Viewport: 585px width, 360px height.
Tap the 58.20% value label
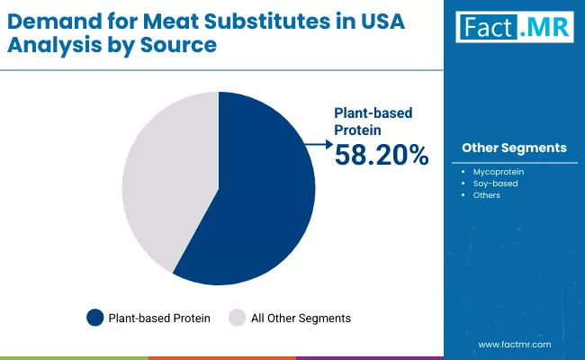pyautogui.click(x=382, y=156)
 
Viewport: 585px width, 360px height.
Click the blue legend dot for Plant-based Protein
pyautogui.click(x=95, y=318)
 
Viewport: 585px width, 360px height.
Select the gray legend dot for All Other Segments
pyautogui.click(x=238, y=318)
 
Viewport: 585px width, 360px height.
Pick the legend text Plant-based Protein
pyautogui.click(x=159, y=318)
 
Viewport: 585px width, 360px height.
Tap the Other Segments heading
pyautogui.click(x=514, y=148)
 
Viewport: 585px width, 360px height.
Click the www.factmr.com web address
pyautogui.click(x=514, y=344)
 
